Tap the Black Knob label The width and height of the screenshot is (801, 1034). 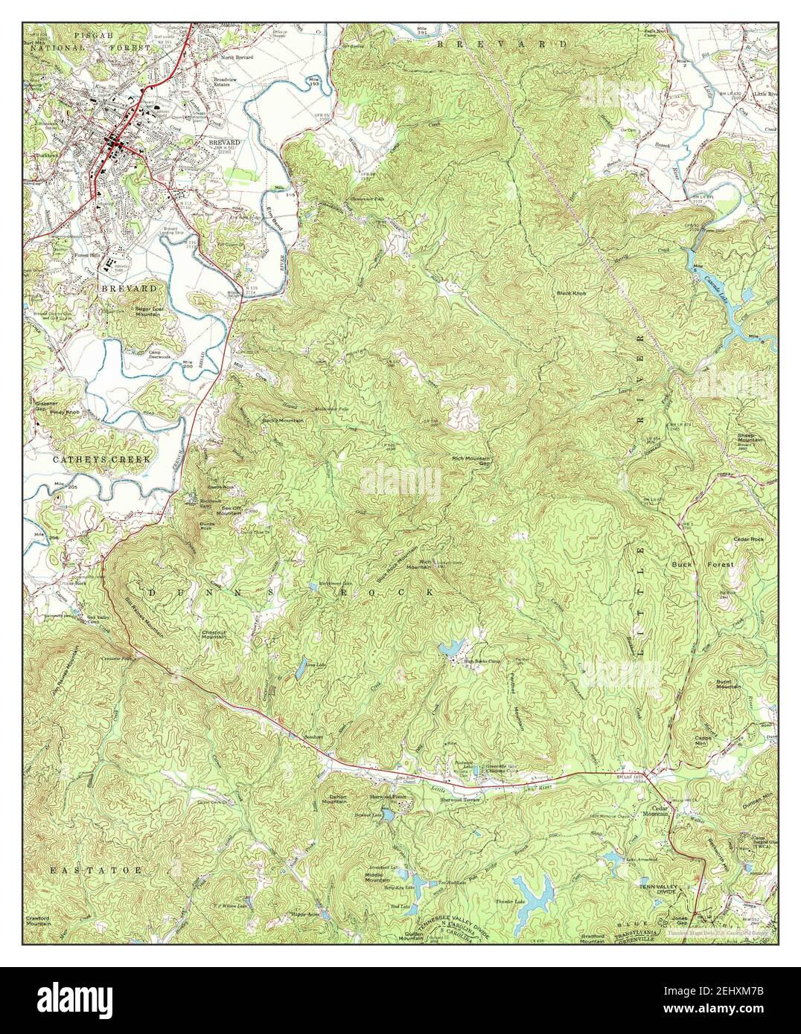tap(571, 293)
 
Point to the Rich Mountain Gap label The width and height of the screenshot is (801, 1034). tap(471, 462)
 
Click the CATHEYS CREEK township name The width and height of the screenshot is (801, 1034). tap(101, 460)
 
